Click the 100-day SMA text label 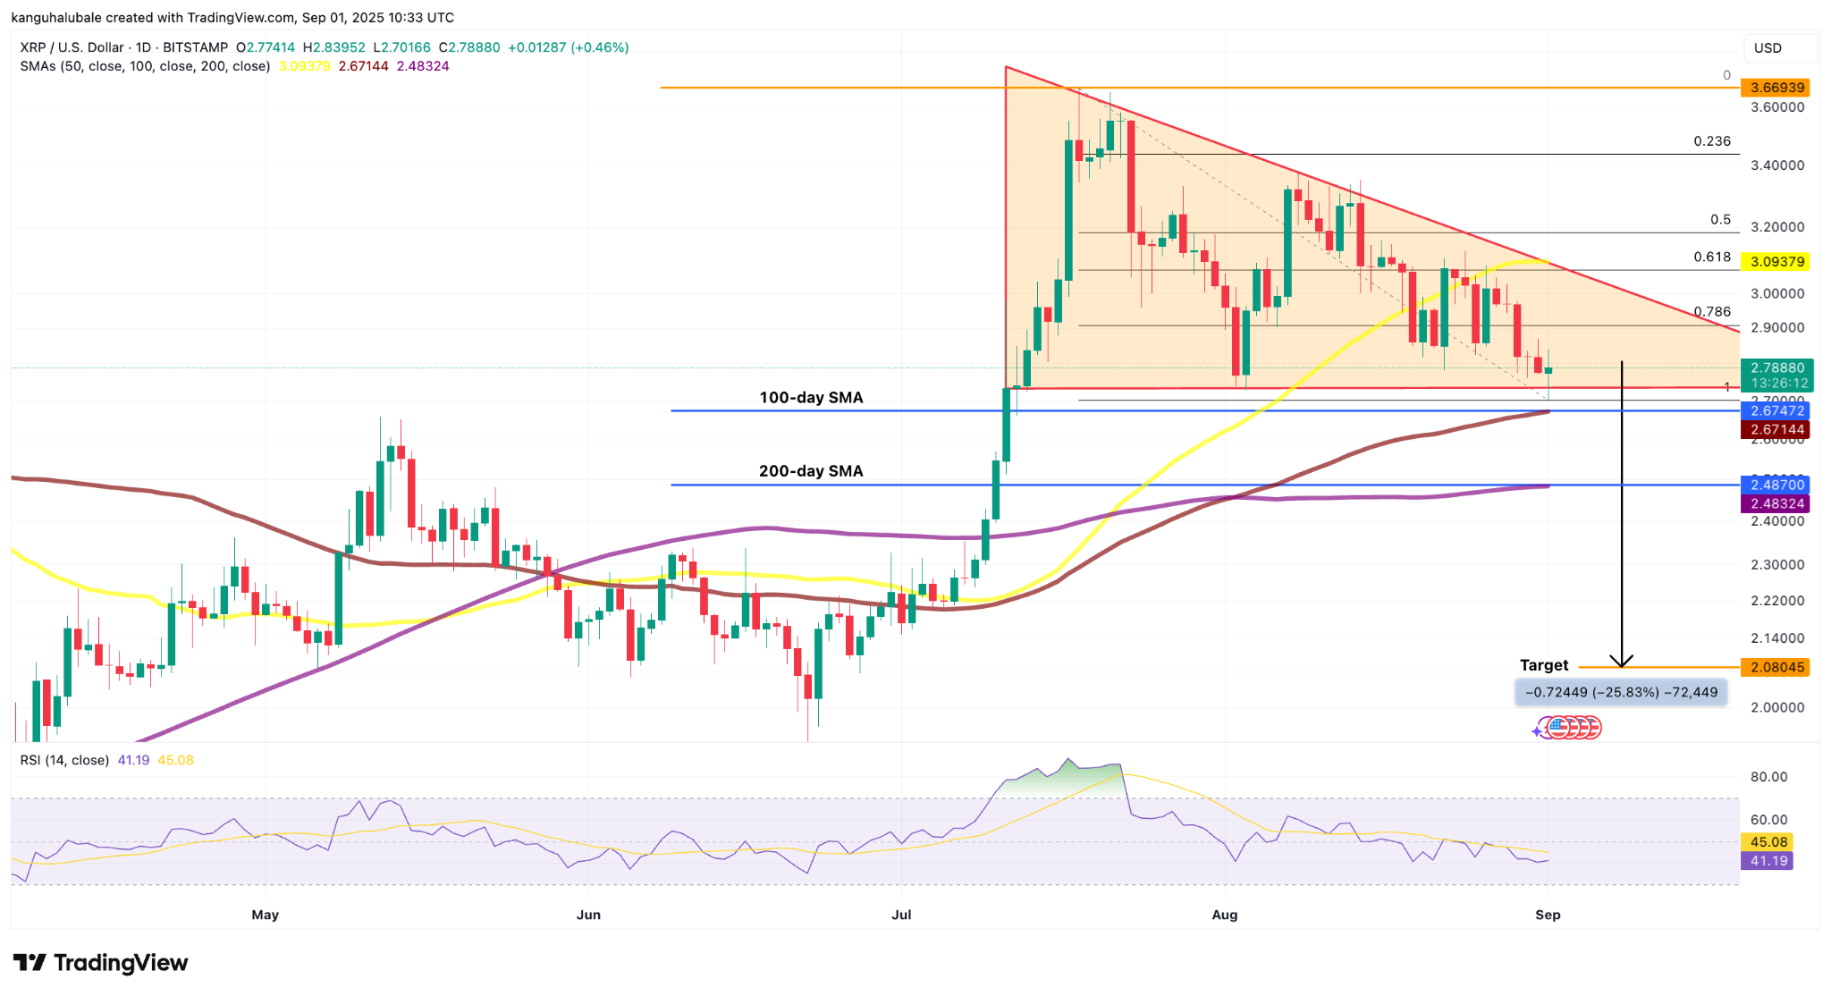point(811,398)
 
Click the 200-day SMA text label point(811,471)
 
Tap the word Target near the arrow point(1544,665)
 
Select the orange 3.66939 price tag point(1776,88)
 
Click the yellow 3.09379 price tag point(1776,262)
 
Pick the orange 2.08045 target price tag point(1776,667)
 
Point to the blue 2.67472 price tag point(1776,410)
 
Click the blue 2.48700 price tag point(1776,485)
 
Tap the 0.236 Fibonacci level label point(1712,141)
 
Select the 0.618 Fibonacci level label point(1712,257)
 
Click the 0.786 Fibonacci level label point(1712,312)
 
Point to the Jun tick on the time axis point(588,915)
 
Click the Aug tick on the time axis point(1224,915)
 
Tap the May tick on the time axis point(266,915)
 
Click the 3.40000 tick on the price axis point(1777,165)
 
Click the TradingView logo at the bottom point(100,963)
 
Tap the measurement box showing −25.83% point(1620,692)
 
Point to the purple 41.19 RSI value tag point(1768,861)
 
